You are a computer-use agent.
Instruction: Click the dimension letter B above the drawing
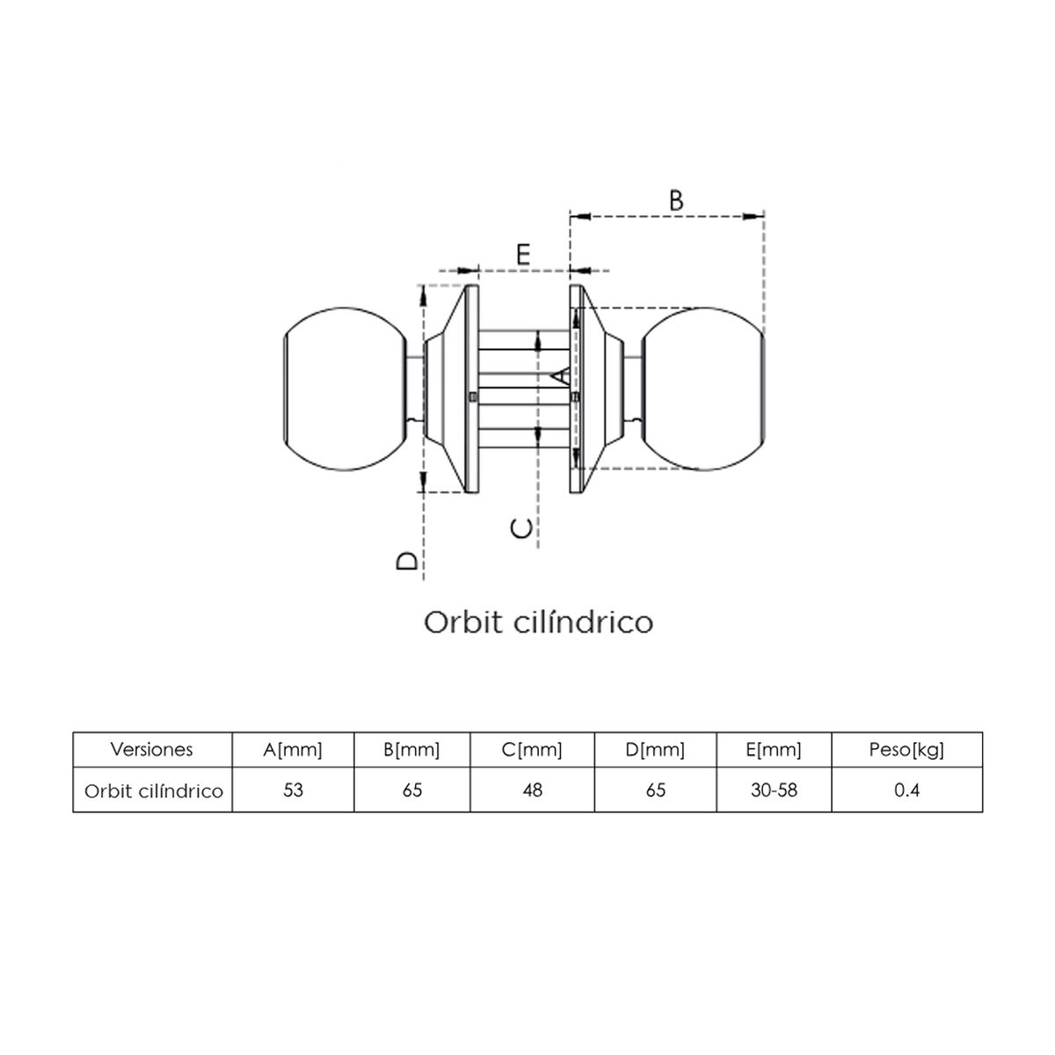point(675,200)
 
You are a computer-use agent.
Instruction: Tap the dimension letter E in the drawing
point(523,255)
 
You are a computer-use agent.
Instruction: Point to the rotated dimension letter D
point(407,560)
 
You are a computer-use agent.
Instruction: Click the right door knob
point(703,389)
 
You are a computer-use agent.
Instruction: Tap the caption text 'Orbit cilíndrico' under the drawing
point(538,622)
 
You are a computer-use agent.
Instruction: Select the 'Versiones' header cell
point(152,750)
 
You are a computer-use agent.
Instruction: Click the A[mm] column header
point(293,750)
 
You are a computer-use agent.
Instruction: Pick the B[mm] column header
point(411,750)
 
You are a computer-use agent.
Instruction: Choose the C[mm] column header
point(532,750)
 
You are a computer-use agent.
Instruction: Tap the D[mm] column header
point(655,750)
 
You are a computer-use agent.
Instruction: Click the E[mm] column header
point(773,750)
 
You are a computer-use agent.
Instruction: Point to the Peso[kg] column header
point(906,750)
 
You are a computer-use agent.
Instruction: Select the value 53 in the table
point(293,790)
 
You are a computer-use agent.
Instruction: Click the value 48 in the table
point(532,790)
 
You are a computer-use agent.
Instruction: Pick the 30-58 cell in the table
point(774,790)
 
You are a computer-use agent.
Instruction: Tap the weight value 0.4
point(906,790)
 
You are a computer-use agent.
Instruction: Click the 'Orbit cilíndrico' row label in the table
point(154,791)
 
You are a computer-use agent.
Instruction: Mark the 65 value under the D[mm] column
point(655,790)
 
